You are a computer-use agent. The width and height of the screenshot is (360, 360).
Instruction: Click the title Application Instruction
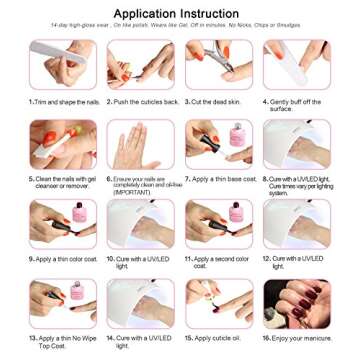180,12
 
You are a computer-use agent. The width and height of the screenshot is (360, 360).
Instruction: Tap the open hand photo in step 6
140,144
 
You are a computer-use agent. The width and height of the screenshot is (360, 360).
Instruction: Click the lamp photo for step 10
140,223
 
